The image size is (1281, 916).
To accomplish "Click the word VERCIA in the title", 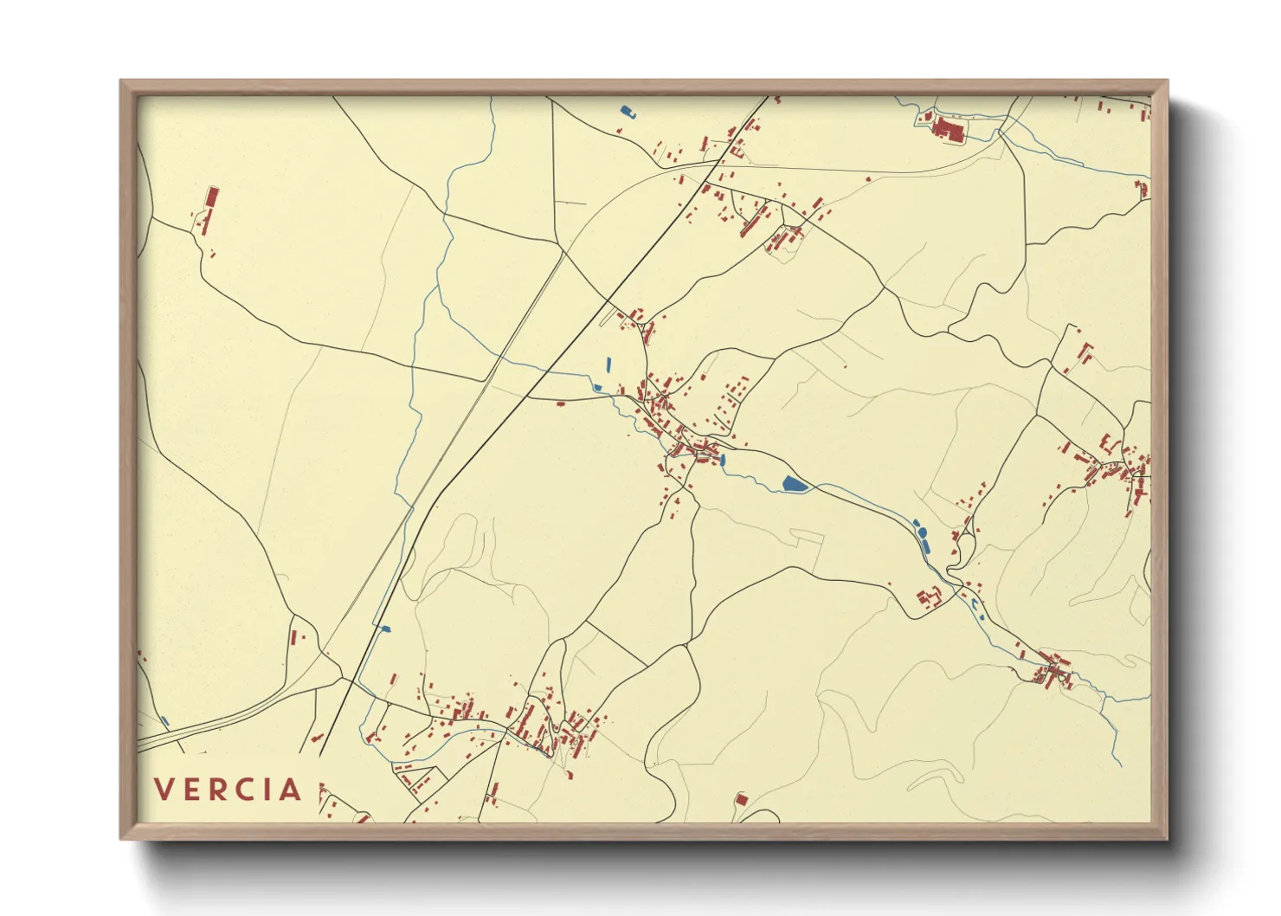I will coord(229,790).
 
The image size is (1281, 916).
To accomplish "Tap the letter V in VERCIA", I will coord(164,790).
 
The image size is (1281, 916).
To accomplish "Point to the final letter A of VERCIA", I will coord(291,790).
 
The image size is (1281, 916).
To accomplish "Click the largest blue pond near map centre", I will coord(794,484).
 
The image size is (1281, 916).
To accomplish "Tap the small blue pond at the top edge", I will coord(627,111).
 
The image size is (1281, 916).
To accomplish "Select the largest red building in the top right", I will coord(947,130).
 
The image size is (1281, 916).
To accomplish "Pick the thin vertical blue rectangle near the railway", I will coord(608,364).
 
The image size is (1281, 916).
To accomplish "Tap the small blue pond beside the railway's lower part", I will coord(384,629).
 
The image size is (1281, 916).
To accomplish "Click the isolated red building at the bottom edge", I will coord(740,799).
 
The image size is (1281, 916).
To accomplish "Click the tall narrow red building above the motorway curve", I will coord(293,637).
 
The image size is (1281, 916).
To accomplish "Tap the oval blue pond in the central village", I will coord(723,461).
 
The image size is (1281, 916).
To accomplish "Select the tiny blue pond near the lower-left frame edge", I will coord(165,721).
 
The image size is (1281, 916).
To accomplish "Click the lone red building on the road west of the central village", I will coord(559,403).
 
